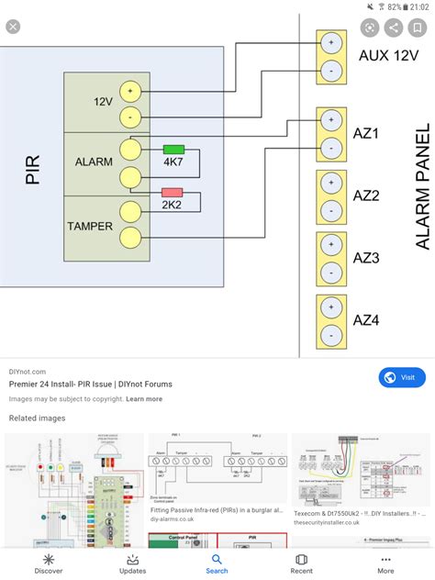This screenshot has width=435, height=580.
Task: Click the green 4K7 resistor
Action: (173, 149)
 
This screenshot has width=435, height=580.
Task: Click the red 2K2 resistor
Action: (172, 193)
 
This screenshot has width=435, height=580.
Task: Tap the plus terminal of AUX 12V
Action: (330, 42)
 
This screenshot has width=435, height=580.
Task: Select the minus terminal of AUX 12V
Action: (330, 69)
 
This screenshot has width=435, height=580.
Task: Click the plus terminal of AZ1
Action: (330, 119)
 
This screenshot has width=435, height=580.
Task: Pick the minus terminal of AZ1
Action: (330, 146)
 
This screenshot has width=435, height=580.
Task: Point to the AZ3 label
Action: (366, 258)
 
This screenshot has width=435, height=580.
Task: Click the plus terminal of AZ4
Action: (330, 307)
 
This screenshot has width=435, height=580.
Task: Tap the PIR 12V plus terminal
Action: (130, 91)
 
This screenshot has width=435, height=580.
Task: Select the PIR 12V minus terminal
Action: (130, 117)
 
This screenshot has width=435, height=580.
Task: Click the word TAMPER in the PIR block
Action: (89, 225)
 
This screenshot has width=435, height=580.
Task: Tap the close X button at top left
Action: (13, 27)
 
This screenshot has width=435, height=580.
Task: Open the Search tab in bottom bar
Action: (217, 563)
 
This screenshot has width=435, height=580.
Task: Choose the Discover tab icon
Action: (49, 563)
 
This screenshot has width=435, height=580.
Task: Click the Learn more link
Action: (144, 399)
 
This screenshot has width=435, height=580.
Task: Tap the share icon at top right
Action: (394, 28)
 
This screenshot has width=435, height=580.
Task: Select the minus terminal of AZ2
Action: (330, 211)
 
